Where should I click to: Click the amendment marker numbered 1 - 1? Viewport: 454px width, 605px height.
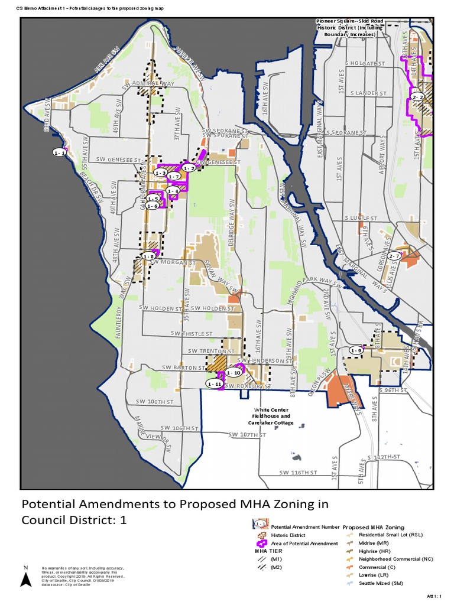(x=59, y=152)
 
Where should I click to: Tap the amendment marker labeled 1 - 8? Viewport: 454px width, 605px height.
(x=148, y=256)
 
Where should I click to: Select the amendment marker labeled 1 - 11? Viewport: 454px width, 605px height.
(x=215, y=383)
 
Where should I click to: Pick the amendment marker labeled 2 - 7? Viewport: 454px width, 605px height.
(x=395, y=256)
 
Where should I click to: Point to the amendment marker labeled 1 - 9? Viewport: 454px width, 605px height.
(x=356, y=351)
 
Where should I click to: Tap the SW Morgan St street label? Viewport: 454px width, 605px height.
(x=175, y=262)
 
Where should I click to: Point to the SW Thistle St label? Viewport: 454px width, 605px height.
(x=191, y=334)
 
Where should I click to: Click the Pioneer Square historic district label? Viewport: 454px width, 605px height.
(x=350, y=28)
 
